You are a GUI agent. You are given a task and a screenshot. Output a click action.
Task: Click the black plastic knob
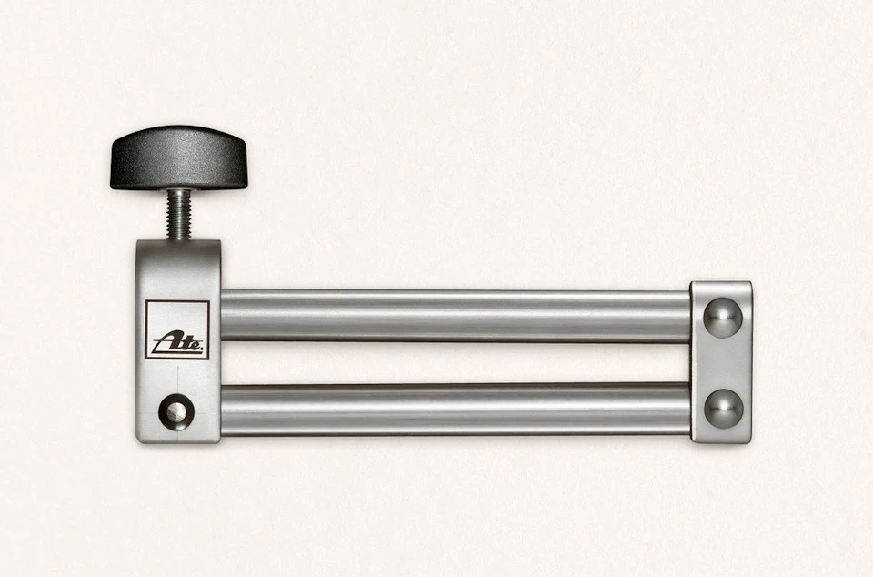178,157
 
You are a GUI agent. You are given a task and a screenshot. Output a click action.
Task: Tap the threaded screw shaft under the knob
179,215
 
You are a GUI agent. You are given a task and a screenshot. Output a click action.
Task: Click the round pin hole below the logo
174,412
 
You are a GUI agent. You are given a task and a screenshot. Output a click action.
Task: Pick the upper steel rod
456,315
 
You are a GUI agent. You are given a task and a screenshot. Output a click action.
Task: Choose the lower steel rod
456,409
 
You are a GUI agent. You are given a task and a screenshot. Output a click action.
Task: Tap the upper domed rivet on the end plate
723,318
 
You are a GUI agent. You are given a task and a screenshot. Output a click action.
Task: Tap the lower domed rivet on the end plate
723,409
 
